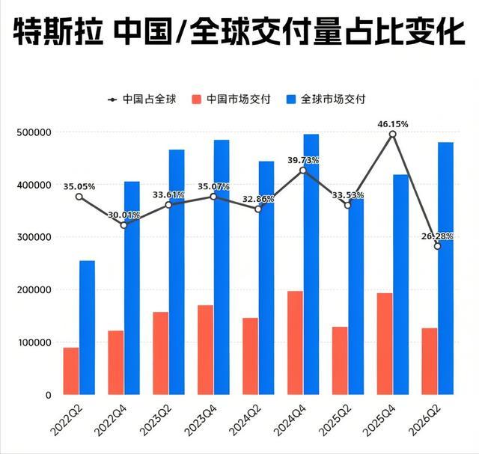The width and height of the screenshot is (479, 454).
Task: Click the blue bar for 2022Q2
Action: pos(87,328)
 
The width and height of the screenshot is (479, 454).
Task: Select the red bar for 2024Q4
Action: pos(295,343)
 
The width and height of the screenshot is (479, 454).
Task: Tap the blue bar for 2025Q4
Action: pos(401,284)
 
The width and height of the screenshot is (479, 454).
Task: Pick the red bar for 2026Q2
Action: pos(430,361)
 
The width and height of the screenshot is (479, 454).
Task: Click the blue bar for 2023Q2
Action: pos(177,272)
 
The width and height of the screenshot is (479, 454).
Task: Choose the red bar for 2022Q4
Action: pos(116,363)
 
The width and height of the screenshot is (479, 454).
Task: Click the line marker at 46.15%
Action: pos(393,134)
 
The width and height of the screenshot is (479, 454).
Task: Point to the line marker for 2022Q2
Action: pos(79,197)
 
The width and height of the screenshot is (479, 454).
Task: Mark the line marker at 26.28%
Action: pos(437,246)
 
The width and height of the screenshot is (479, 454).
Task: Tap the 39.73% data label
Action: pos(303,160)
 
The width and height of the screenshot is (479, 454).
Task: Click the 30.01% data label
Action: pos(123,215)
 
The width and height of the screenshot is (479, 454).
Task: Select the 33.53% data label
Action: pos(348,194)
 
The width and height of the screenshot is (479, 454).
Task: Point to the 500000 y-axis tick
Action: pos(34,132)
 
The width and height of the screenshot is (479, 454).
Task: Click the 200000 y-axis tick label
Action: pos(34,289)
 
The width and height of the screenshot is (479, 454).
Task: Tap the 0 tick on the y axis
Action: pos(48,395)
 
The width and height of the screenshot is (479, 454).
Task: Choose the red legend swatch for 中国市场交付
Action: pos(196,99)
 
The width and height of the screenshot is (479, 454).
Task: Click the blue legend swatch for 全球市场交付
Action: pos(291,99)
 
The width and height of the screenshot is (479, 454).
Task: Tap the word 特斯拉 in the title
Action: pos(58,31)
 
